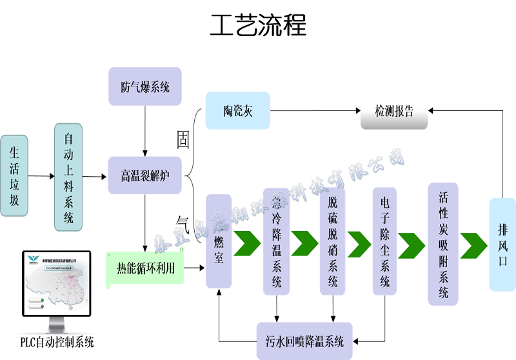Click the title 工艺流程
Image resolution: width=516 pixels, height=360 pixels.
coord(258,26)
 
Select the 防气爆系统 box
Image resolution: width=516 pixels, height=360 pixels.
coord(145,86)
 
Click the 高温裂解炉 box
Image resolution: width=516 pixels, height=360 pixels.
coord(145,175)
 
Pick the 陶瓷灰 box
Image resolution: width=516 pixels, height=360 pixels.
coord(237,110)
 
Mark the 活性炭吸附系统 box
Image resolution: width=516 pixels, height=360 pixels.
coord(443,244)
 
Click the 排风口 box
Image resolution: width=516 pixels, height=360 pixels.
coord(502,244)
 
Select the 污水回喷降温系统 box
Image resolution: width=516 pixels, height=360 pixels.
coord(304,341)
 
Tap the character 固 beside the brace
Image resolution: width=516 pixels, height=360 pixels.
coord(183,141)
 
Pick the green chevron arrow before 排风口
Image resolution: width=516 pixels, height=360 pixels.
coord(473,244)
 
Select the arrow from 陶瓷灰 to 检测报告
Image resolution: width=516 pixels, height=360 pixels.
coord(314,111)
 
